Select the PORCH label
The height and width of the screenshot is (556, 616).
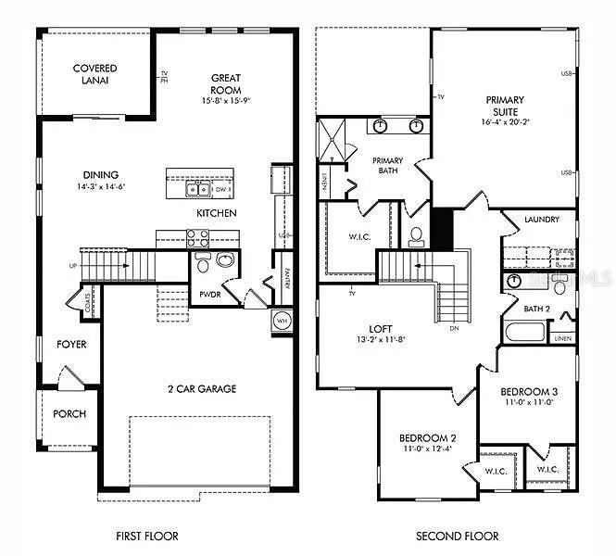point(69,414)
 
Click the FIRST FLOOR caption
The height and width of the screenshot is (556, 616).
point(146,536)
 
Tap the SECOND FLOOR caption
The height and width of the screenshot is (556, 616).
point(457,536)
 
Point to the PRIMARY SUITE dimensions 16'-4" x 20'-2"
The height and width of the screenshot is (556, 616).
point(505,121)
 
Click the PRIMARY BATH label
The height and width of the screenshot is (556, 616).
point(387,165)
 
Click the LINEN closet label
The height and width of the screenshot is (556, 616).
point(563,339)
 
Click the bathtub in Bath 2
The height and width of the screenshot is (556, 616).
point(524,332)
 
